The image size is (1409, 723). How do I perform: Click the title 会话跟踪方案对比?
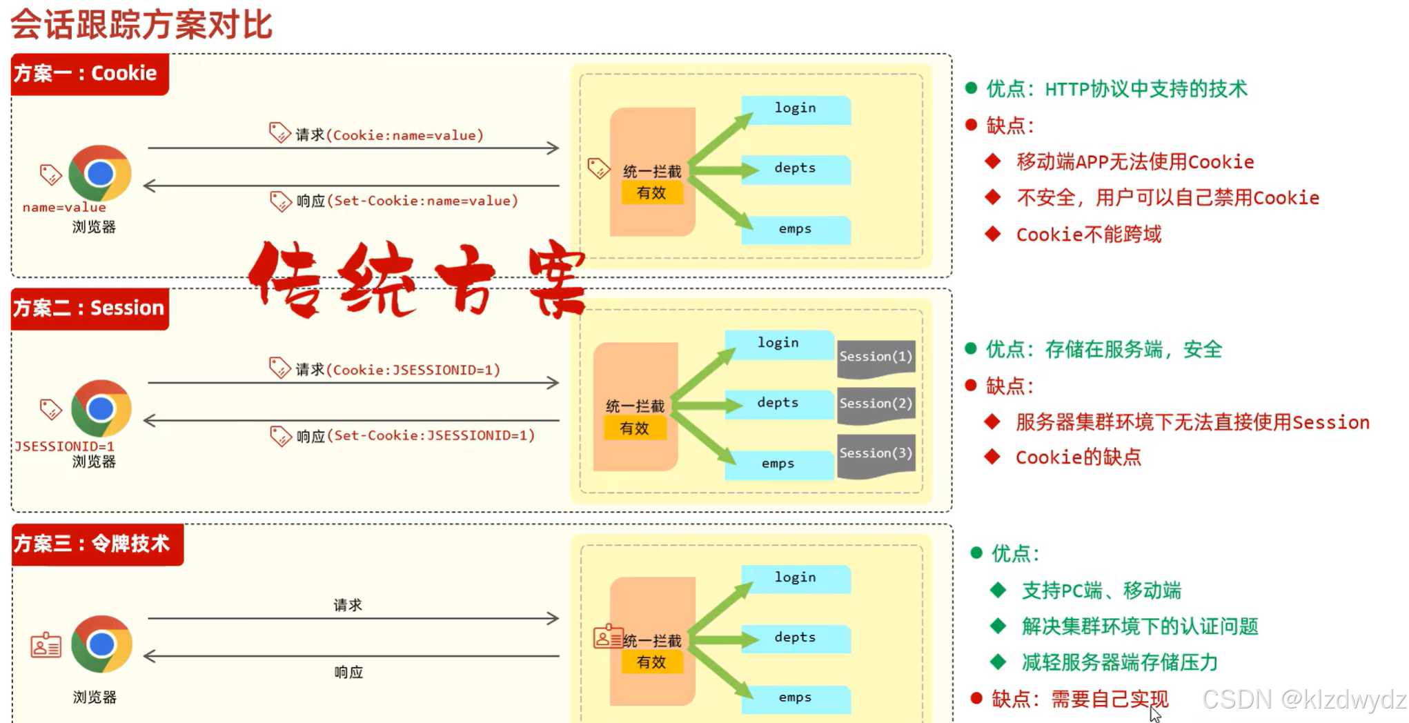[141, 25]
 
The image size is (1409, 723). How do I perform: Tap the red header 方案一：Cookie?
[89, 73]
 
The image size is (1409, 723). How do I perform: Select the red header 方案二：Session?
[89, 308]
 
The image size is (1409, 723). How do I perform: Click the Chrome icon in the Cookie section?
[100, 173]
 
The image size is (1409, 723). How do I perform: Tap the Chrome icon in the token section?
[101, 644]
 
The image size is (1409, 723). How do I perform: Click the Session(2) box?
[876, 404]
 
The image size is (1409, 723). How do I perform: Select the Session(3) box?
[876, 454]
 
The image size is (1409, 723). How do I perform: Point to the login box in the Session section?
[778, 344]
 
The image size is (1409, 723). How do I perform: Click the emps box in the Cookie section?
[795, 230]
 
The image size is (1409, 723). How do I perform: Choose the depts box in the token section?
[795, 638]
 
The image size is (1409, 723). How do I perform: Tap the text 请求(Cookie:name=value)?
[389, 135]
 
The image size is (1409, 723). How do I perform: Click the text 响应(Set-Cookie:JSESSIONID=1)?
[415, 436]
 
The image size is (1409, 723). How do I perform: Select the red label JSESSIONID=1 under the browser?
[65, 446]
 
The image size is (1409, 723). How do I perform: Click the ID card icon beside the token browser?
[46, 646]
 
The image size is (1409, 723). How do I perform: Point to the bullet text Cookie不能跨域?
[1088, 235]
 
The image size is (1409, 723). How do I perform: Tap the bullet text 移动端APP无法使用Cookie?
[1134, 162]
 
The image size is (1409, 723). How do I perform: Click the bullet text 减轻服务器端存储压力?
[1119, 663]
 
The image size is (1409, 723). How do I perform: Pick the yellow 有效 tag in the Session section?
[634, 428]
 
